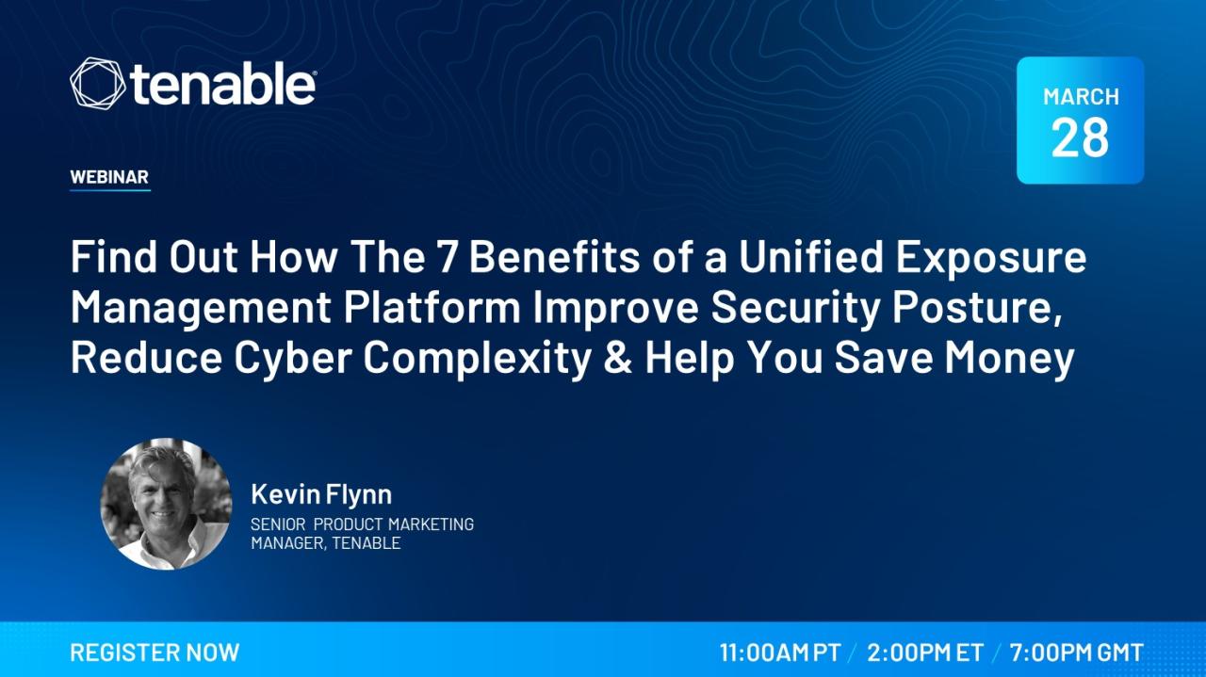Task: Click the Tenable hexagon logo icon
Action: tap(97, 84)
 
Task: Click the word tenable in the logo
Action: tap(221, 84)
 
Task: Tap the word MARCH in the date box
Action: tap(1081, 97)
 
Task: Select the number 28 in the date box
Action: tap(1080, 137)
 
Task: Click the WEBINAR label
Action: tap(109, 177)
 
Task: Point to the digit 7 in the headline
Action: tap(447, 257)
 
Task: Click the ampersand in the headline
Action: tap(618, 358)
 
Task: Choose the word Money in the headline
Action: tap(1009, 360)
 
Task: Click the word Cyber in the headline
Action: tap(293, 359)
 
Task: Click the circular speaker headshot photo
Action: tap(167, 504)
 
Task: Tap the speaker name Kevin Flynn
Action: tap(321, 494)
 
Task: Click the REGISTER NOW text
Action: tap(155, 653)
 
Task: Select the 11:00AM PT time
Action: tap(781, 653)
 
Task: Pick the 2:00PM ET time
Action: tap(925, 653)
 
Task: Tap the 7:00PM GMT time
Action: tap(1076, 653)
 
